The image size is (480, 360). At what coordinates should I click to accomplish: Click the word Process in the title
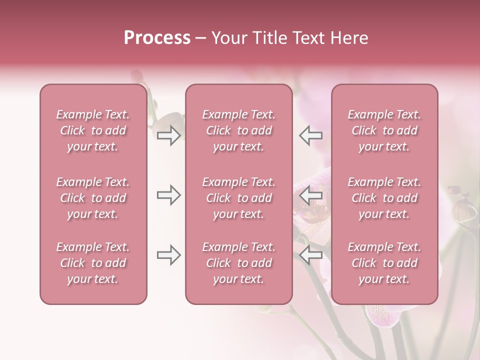click(x=157, y=38)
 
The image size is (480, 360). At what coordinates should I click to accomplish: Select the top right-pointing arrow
click(x=168, y=135)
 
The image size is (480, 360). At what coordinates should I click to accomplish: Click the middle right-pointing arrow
click(x=168, y=195)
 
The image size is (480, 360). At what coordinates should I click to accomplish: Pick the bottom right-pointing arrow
click(x=168, y=255)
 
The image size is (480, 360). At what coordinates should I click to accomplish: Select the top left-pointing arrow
click(x=311, y=135)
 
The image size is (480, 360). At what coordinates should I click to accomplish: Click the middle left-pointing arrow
click(x=311, y=195)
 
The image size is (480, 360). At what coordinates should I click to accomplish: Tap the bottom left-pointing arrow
click(x=311, y=255)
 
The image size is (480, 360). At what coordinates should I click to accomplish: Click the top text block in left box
click(x=93, y=130)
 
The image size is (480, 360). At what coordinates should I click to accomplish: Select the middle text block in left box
click(x=93, y=198)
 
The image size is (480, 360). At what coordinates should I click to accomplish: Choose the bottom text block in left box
click(x=93, y=263)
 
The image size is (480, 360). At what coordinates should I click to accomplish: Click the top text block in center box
click(x=238, y=130)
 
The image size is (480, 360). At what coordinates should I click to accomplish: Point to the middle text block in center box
click(x=238, y=198)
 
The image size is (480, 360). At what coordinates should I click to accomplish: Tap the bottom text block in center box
click(x=238, y=263)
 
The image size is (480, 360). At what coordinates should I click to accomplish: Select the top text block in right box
click(x=384, y=130)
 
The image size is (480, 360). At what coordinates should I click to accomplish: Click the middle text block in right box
click(x=384, y=198)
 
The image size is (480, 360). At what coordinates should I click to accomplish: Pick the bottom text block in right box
click(x=384, y=263)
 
